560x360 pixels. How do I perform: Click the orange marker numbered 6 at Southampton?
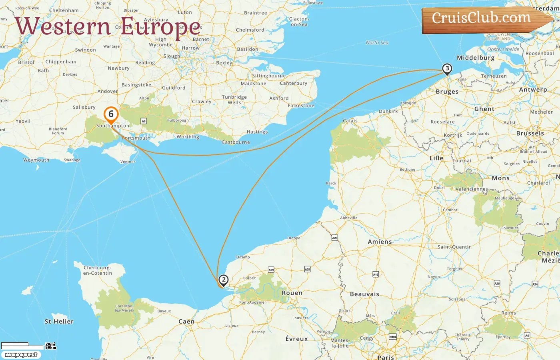pyautogui.click(x=111, y=114)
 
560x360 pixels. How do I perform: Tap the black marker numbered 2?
pyautogui.click(x=224, y=280)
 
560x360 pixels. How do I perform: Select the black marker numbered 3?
pyautogui.click(x=447, y=69)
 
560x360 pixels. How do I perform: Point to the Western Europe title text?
pyautogui.click(x=108, y=26)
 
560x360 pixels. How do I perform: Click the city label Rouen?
pyautogui.click(x=292, y=293)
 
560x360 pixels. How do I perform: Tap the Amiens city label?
pyautogui.click(x=380, y=242)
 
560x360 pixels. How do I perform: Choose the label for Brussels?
pyautogui.click(x=530, y=133)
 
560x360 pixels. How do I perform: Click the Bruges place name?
pyautogui.click(x=447, y=92)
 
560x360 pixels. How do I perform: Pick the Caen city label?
pyautogui.click(x=186, y=321)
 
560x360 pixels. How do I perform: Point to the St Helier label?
pyautogui.click(x=59, y=321)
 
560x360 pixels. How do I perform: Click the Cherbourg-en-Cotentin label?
pyautogui.click(x=98, y=270)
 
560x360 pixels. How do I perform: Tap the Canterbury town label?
pyautogui.click(x=294, y=83)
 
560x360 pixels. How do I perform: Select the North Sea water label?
pyautogui.click(x=377, y=42)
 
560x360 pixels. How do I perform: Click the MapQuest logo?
pyautogui.click(x=21, y=355)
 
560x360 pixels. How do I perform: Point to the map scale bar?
pyautogui.click(x=22, y=345)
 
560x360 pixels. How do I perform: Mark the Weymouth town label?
pyautogui.click(x=36, y=160)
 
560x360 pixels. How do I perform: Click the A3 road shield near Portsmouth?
pyautogui.click(x=144, y=121)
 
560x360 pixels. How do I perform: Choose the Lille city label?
pyautogui.click(x=436, y=158)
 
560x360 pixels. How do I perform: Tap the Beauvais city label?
pyautogui.click(x=364, y=294)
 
